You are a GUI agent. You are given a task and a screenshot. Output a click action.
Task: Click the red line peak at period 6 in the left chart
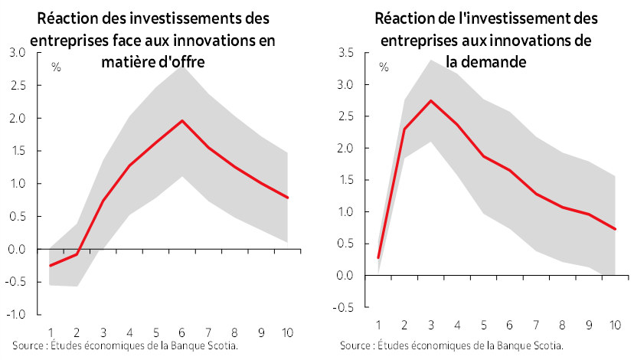tap(181, 120)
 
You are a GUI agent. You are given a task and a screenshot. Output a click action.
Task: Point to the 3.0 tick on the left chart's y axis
tap(18, 53)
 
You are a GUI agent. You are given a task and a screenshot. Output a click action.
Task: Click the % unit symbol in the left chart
tap(56, 67)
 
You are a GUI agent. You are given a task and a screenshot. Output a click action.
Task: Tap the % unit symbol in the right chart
tap(383, 67)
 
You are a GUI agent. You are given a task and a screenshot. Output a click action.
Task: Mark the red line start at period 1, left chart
tap(51, 266)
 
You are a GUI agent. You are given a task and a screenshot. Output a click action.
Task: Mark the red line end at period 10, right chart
tap(613, 229)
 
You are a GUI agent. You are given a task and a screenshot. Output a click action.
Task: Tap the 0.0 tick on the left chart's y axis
tap(18, 250)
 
